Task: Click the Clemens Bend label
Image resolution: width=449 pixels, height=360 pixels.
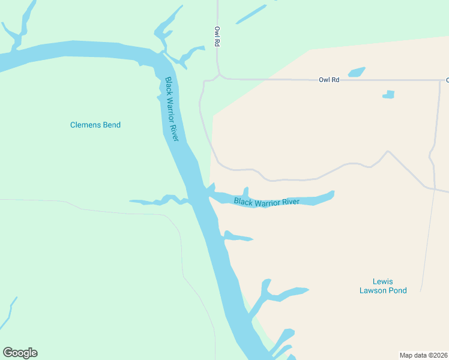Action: [95, 125]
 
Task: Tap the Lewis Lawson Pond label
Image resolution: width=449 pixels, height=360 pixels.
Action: [382, 286]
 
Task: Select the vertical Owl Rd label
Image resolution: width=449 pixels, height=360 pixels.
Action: [218, 37]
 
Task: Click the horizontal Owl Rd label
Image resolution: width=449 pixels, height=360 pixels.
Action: [329, 79]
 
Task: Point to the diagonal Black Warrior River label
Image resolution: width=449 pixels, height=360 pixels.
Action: [172, 109]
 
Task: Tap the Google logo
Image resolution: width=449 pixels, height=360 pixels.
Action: [20, 353]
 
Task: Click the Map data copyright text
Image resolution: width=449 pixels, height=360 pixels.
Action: [423, 355]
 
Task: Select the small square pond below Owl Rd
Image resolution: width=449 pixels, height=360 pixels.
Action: [389, 94]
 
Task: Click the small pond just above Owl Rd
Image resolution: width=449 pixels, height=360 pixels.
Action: [357, 72]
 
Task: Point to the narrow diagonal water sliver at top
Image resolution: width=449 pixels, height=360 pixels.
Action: [251, 14]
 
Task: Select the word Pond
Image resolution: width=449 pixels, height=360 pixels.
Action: [397, 290]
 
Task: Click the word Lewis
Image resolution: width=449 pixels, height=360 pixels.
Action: [382, 281]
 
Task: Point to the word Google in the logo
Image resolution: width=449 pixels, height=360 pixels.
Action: [20, 353]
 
